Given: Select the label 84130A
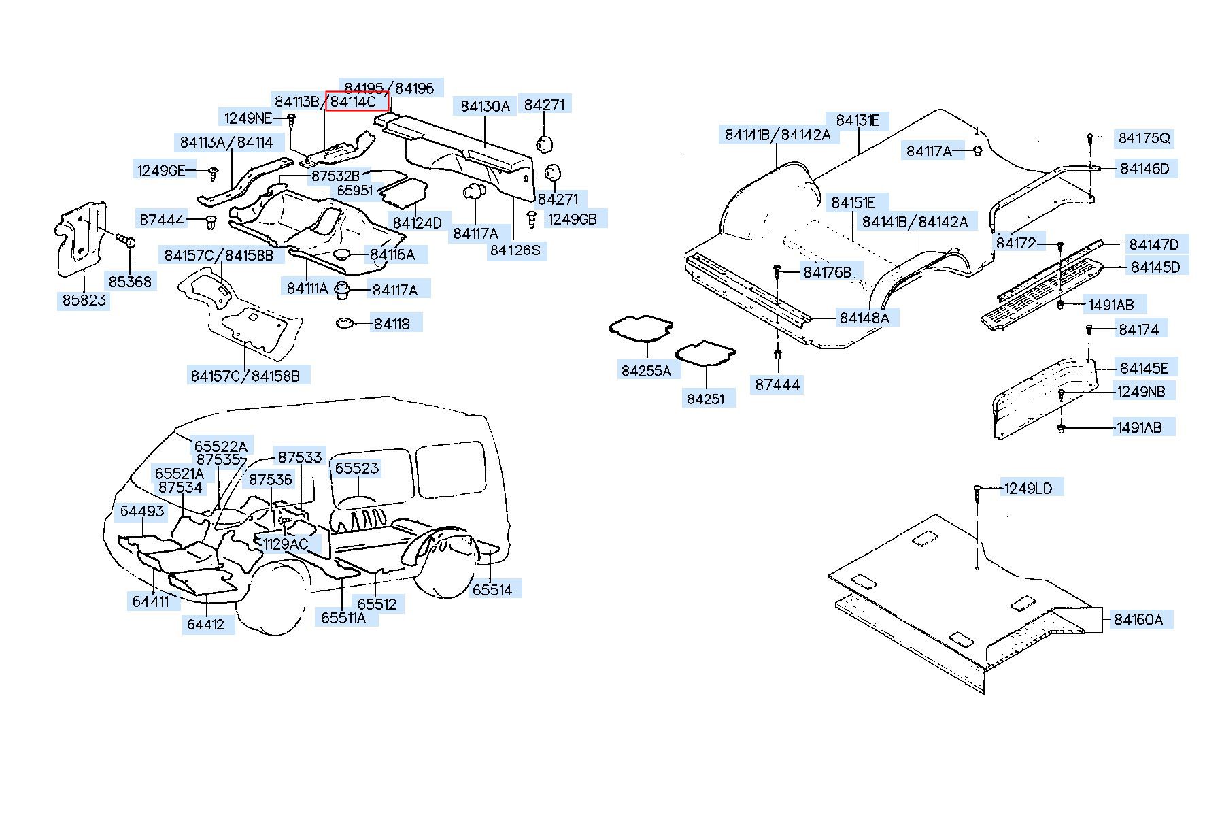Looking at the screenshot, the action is [x=485, y=105].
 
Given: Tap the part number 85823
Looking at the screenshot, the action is [x=84, y=299].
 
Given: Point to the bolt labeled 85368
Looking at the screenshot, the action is [x=124, y=240].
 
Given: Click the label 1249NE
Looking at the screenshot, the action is [x=248, y=118].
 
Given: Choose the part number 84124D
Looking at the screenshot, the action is [x=417, y=223].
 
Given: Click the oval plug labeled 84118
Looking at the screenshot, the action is [x=346, y=323].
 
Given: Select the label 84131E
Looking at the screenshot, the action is [x=858, y=120].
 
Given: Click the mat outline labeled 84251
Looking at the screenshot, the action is [x=705, y=355].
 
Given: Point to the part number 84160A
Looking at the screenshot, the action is [x=1138, y=619].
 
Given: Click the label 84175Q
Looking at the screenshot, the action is [x=1144, y=138].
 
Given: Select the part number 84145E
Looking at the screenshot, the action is [x=1144, y=368].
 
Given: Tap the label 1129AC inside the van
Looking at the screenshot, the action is [x=286, y=544].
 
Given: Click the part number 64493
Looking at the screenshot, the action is [x=142, y=510].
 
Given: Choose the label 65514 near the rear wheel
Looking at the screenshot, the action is [x=492, y=589].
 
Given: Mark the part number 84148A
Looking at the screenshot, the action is [x=864, y=318].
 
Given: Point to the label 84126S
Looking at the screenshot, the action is [x=515, y=250].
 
